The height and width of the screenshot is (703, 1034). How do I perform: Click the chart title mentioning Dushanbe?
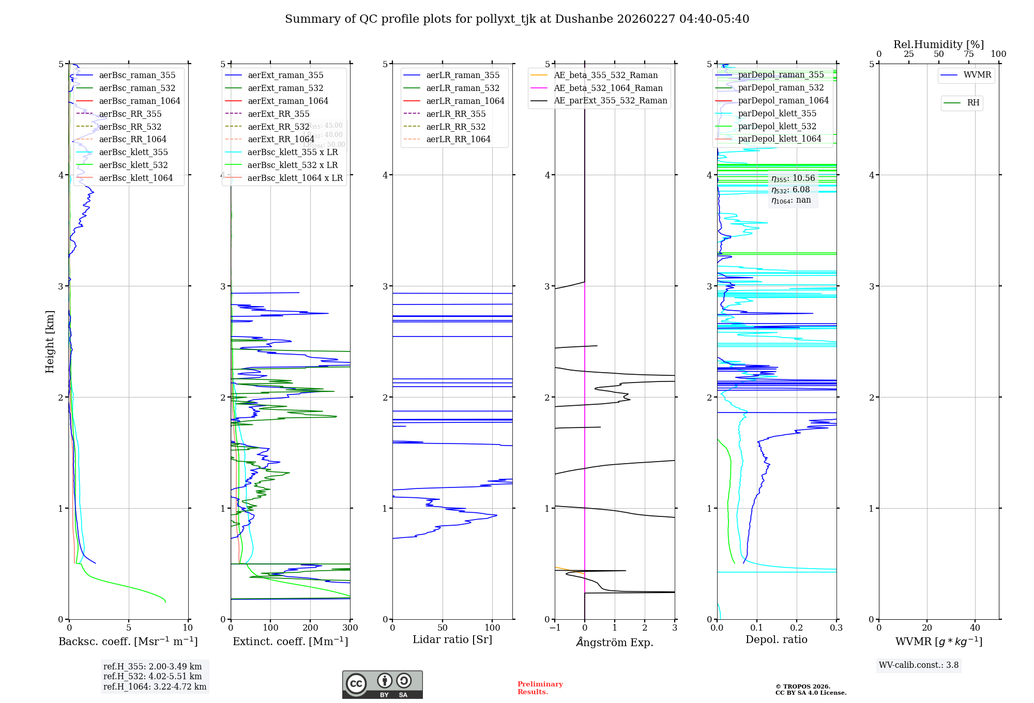click(x=517, y=19)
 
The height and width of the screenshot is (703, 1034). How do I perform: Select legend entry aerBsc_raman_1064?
click(x=140, y=101)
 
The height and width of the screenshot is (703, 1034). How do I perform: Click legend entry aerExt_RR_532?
click(x=278, y=127)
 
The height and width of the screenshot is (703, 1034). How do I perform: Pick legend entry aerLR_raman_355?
click(x=463, y=75)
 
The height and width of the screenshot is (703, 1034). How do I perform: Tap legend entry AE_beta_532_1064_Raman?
click(x=608, y=88)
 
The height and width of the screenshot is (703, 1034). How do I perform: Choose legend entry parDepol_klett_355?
click(x=777, y=113)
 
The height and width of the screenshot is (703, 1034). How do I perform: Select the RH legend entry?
click(x=973, y=103)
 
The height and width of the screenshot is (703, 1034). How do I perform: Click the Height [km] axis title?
click(x=50, y=341)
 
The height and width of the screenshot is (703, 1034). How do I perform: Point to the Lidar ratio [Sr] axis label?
click(x=452, y=639)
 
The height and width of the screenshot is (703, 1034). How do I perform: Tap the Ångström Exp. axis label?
click(x=614, y=642)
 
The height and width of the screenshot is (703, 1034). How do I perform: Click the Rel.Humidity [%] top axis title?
click(x=938, y=44)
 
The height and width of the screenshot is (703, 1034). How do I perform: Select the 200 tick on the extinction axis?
click(x=310, y=628)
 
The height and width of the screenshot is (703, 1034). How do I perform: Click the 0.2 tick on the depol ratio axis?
click(x=797, y=628)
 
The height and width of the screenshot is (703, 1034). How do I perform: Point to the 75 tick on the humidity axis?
click(x=968, y=54)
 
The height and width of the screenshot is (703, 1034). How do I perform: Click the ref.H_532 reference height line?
click(x=153, y=676)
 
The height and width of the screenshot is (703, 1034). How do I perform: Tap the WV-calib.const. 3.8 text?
click(x=919, y=665)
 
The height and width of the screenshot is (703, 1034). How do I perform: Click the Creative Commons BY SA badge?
click(x=382, y=684)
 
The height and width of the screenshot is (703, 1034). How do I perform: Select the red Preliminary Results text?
click(x=540, y=687)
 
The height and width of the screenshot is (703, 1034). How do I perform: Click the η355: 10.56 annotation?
click(x=793, y=178)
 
